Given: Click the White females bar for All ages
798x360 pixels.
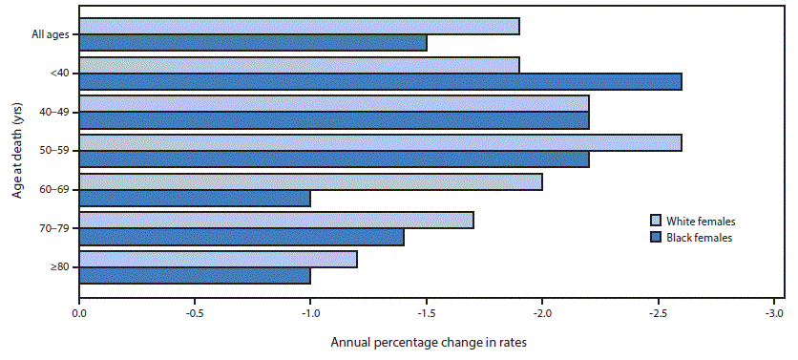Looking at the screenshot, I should click(x=299, y=26).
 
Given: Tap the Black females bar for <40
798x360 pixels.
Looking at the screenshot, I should click(x=380, y=81).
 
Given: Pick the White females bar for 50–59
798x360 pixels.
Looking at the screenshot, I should click(x=380, y=142).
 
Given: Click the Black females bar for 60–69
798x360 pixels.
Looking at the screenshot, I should click(x=195, y=198).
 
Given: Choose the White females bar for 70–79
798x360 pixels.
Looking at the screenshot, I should click(x=276, y=221).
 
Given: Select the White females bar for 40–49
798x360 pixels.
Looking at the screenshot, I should click(x=334, y=103).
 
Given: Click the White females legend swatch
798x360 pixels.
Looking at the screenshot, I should click(x=656, y=221).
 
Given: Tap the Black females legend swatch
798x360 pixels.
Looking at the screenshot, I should click(x=656, y=238).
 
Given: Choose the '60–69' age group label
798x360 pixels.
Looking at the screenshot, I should click(x=52, y=190).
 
